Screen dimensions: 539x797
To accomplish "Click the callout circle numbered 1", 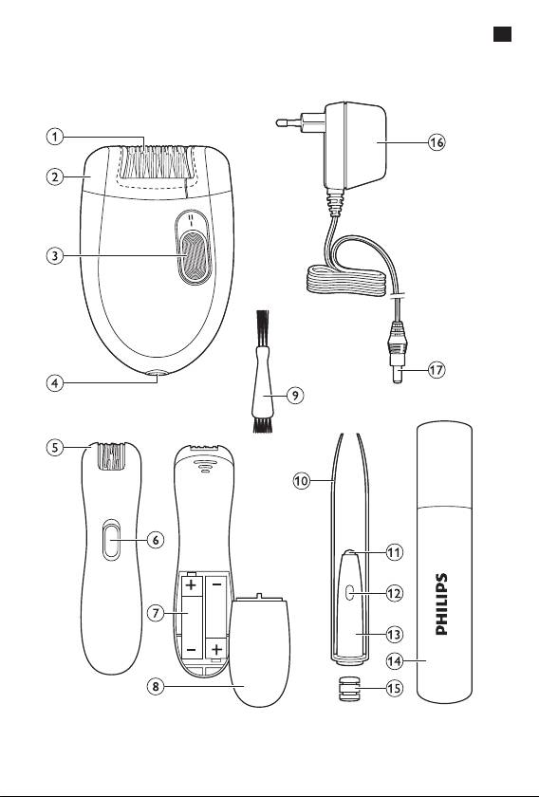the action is [x=55, y=137].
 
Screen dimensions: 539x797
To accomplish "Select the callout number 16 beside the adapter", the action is [x=436, y=143].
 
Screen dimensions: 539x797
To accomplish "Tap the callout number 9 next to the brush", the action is [x=295, y=395].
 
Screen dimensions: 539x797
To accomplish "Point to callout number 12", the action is [x=394, y=593].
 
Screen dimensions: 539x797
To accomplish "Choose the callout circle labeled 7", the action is [x=156, y=613].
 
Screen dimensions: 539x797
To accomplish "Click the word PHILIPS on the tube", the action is [x=442, y=603].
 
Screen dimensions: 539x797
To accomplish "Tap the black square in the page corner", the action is [x=502, y=34].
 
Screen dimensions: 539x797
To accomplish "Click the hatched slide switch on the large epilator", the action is [x=194, y=255].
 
